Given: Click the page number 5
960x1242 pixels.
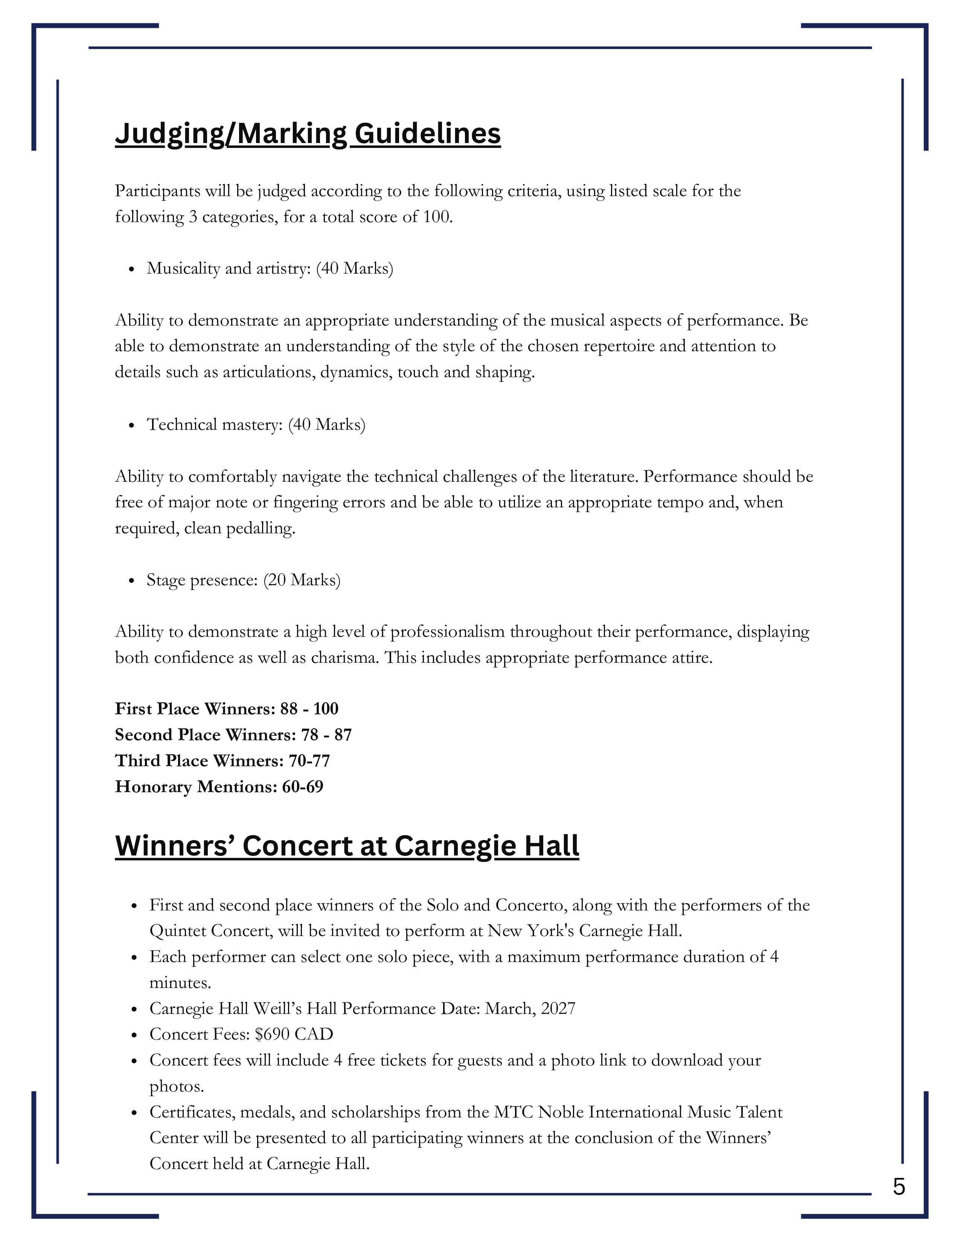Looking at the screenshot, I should click(x=899, y=1187).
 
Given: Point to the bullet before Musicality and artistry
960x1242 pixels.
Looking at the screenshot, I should click(x=131, y=269).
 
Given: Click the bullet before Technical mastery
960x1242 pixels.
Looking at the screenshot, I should click(x=131, y=425).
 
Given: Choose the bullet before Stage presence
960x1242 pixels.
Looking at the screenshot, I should click(x=131, y=581).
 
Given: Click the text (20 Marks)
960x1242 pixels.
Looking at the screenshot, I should click(x=302, y=580).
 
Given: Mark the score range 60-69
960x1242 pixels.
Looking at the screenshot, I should click(x=303, y=787).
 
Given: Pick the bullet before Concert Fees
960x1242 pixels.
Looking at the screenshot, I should click(x=134, y=1036).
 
